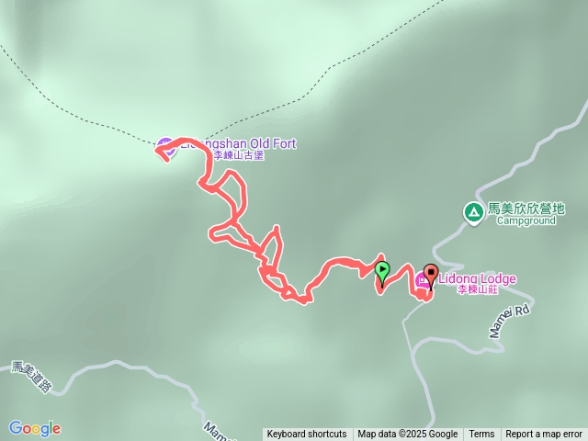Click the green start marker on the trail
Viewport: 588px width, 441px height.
tap(382, 270)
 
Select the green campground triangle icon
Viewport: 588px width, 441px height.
tap(473, 214)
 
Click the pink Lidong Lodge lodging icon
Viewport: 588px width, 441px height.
tap(424, 280)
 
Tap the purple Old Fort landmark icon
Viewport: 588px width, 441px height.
tap(164, 144)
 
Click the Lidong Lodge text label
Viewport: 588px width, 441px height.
tap(478, 279)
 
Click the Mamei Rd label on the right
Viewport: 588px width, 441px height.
tap(510, 319)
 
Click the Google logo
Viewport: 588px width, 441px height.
tap(34, 428)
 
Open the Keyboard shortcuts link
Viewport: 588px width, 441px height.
tap(307, 435)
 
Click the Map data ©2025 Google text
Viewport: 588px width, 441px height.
tap(408, 435)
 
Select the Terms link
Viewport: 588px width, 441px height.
tap(481, 435)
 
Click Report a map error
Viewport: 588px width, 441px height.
tap(544, 435)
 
